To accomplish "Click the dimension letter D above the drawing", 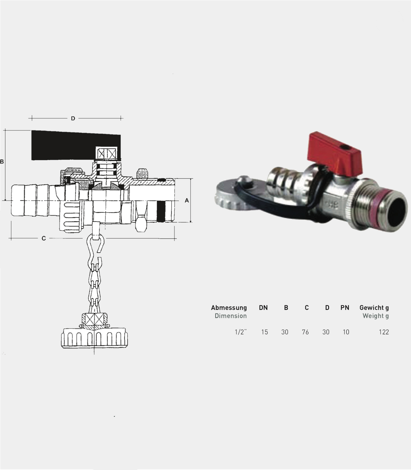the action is coord(73,118).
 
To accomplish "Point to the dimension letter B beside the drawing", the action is coord(2,162).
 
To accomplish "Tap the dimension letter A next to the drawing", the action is coord(187,201).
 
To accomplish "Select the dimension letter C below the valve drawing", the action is coord(44,238).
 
